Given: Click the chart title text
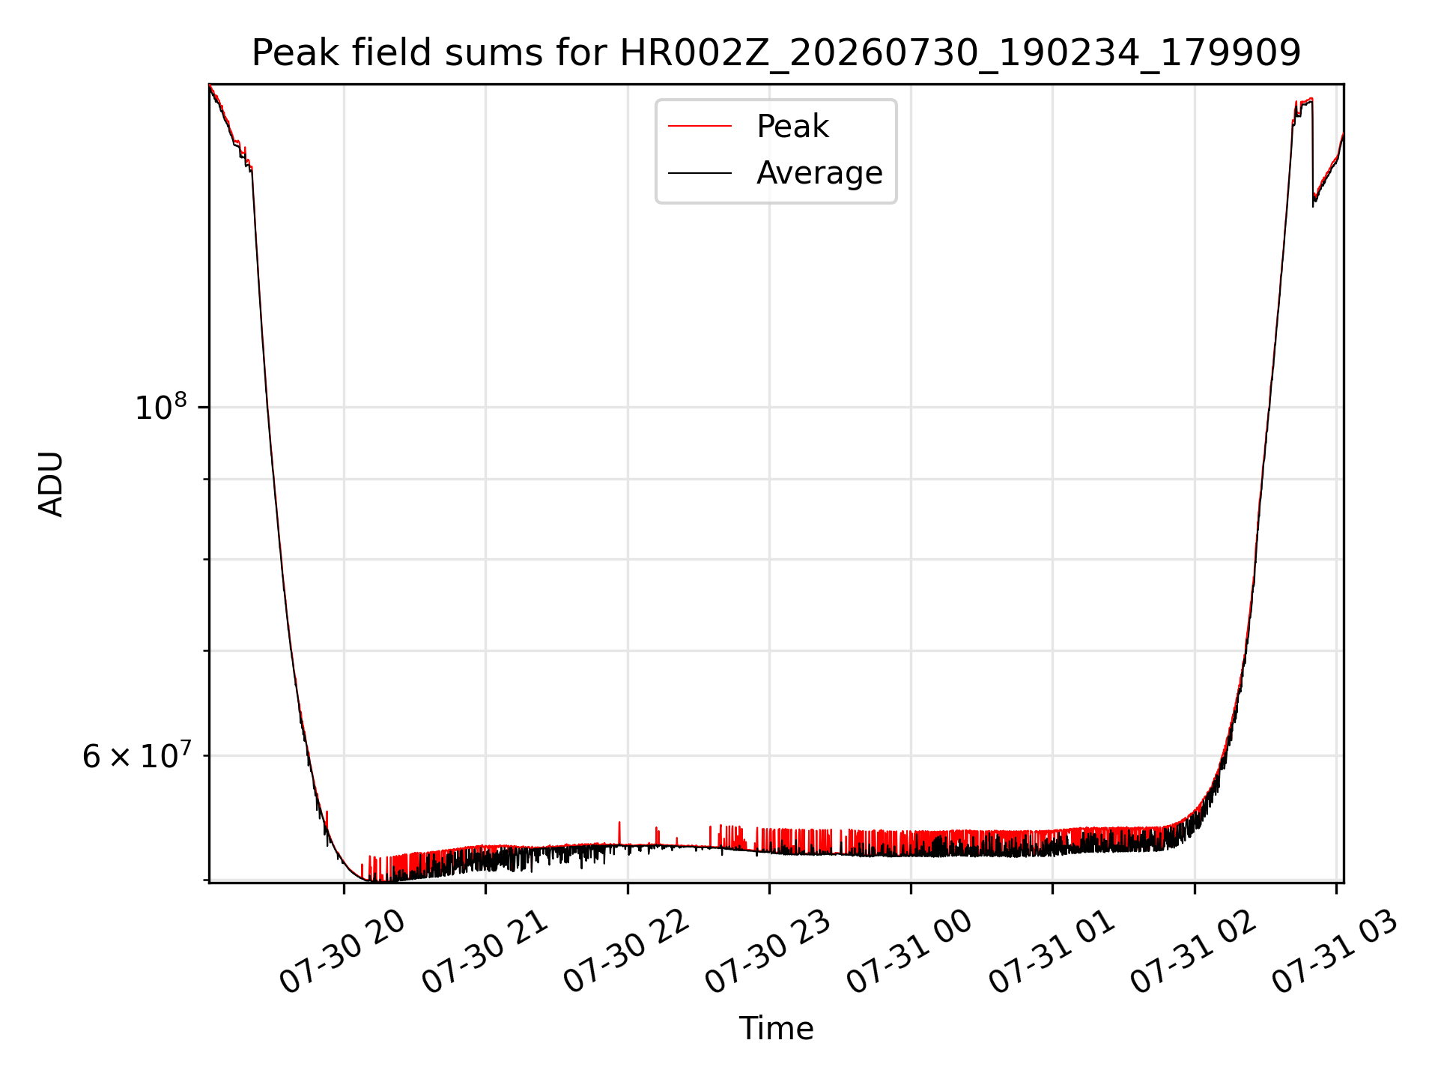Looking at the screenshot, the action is click(x=776, y=53).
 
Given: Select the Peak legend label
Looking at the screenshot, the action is click(x=792, y=126).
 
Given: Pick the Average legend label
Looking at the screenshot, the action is click(x=819, y=173).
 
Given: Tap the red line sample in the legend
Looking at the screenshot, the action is click(x=700, y=126).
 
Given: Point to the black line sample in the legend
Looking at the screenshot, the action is click(x=700, y=173).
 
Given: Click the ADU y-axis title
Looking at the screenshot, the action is click(x=51, y=483).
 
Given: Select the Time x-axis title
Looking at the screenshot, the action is click(x=776, y=1028).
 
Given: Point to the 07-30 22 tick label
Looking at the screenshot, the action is click(x=626, y=952).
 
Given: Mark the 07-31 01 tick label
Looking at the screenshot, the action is click(x=1052, y=952).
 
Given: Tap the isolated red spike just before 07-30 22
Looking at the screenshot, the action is click(x=619, y=832).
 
